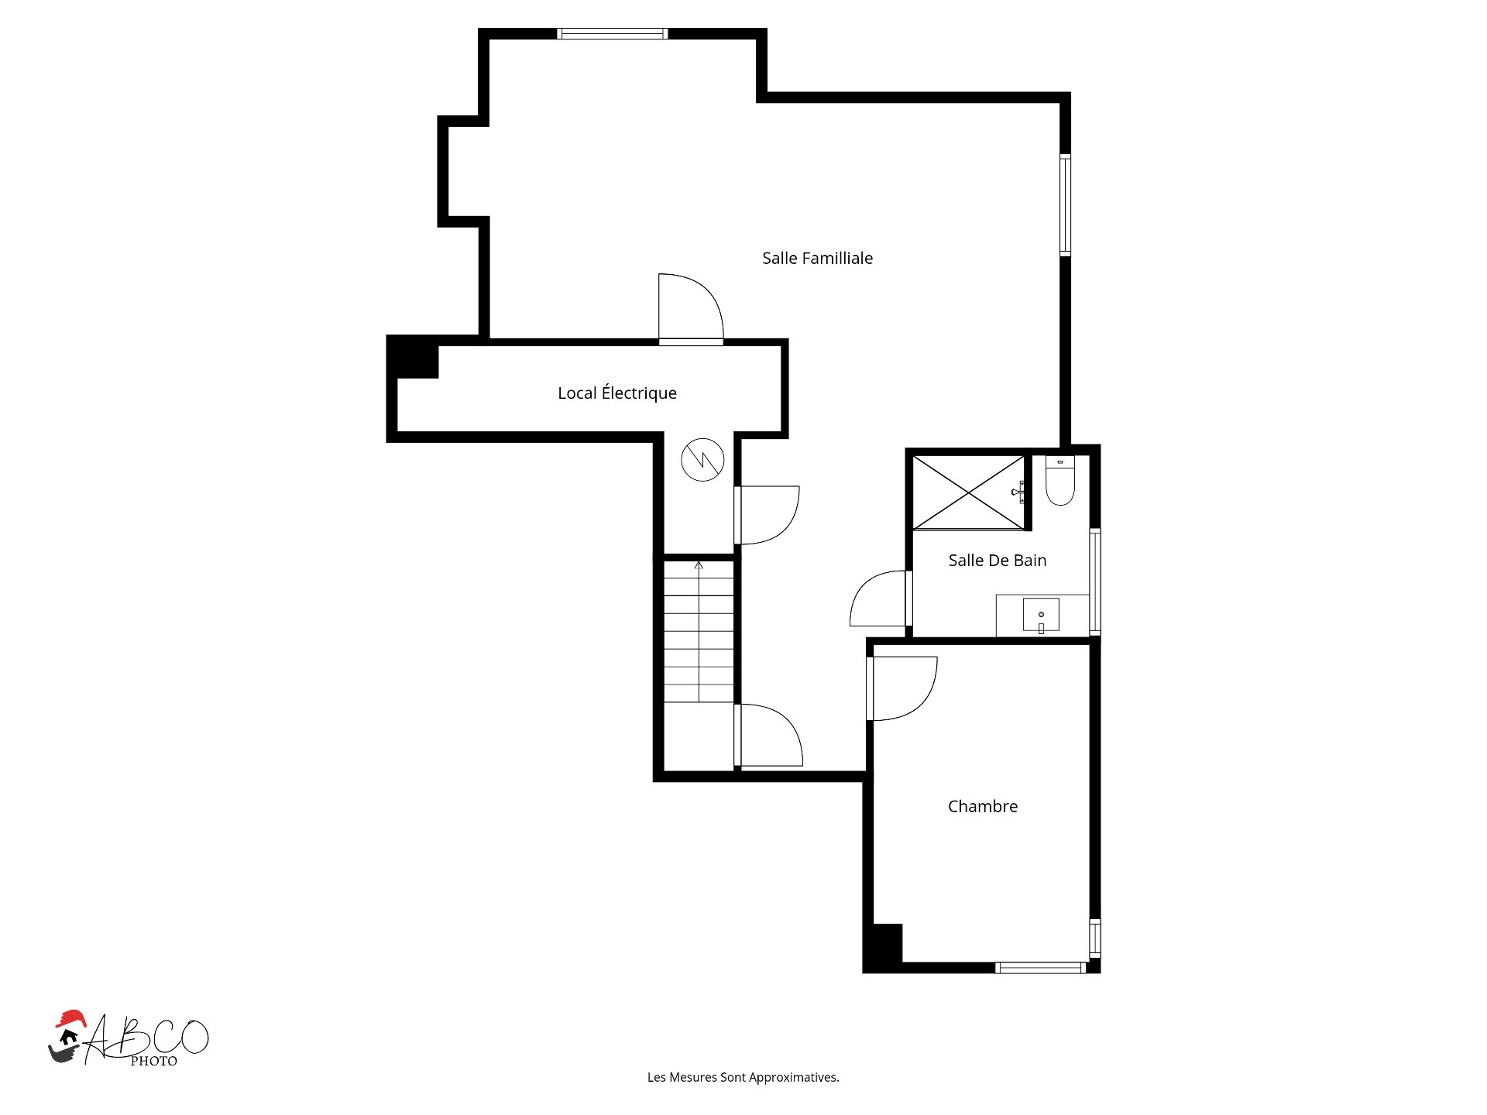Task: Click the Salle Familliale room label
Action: coord(817,259)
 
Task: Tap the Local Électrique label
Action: coord(617,393)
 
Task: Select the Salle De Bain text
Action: coord(998,561)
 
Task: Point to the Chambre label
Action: coord(983,806)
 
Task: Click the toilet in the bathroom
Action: coord(1060,481)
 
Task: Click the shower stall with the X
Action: coord(969,492)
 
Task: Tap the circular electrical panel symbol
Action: coord(702,460)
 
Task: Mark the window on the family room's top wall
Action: coord(612,33)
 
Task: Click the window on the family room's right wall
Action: coord(1065,205)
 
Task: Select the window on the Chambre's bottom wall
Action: coord(1040,967)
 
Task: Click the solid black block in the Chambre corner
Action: coord(883,945)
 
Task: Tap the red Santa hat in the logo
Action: coord(70,1018)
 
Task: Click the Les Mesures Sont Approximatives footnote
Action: coord(743,1077)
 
